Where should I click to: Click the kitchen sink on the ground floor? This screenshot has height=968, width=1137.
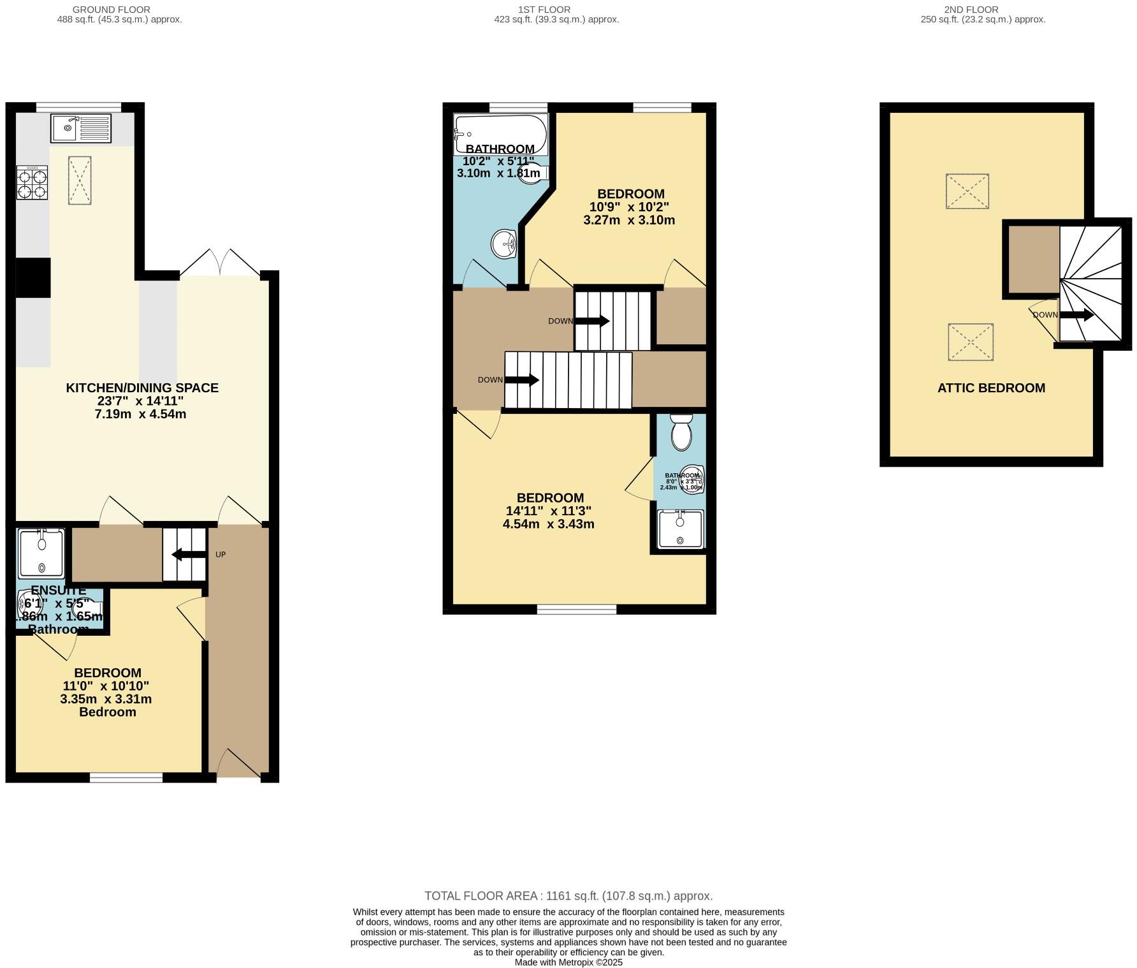(x=80, y=128)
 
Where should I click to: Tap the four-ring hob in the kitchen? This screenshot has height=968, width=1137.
(x=32, y=183)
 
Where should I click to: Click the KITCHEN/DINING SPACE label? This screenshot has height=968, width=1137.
(x=142, y=388)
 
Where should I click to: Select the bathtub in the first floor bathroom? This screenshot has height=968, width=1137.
(x=500, y=134)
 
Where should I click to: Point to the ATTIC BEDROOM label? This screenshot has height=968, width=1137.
(x=991, y=388)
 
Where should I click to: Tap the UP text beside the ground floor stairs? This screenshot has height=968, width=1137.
(x=221, y=555)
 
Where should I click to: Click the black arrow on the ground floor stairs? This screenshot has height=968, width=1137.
(x=189, y=555)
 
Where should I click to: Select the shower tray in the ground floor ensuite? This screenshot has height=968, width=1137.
(x=41, y=554)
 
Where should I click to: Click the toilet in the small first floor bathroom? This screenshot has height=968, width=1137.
(x=681, y=432)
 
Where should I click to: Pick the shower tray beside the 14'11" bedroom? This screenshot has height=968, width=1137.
(x=681, y=529)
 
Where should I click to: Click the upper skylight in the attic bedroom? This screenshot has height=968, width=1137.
(x=967, y=191)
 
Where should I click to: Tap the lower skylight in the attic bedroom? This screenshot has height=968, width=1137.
(x=970, y=342)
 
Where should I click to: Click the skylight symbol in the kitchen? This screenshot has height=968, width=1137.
(x=80, y=180)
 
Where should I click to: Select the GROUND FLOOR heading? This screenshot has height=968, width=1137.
(x=112, y=10)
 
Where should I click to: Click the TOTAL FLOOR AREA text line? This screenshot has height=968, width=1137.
(x=568, y=896)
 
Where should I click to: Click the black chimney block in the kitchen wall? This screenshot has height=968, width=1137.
(x=33, y=277)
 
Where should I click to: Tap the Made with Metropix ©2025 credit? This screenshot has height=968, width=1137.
(x=568, y=962)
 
